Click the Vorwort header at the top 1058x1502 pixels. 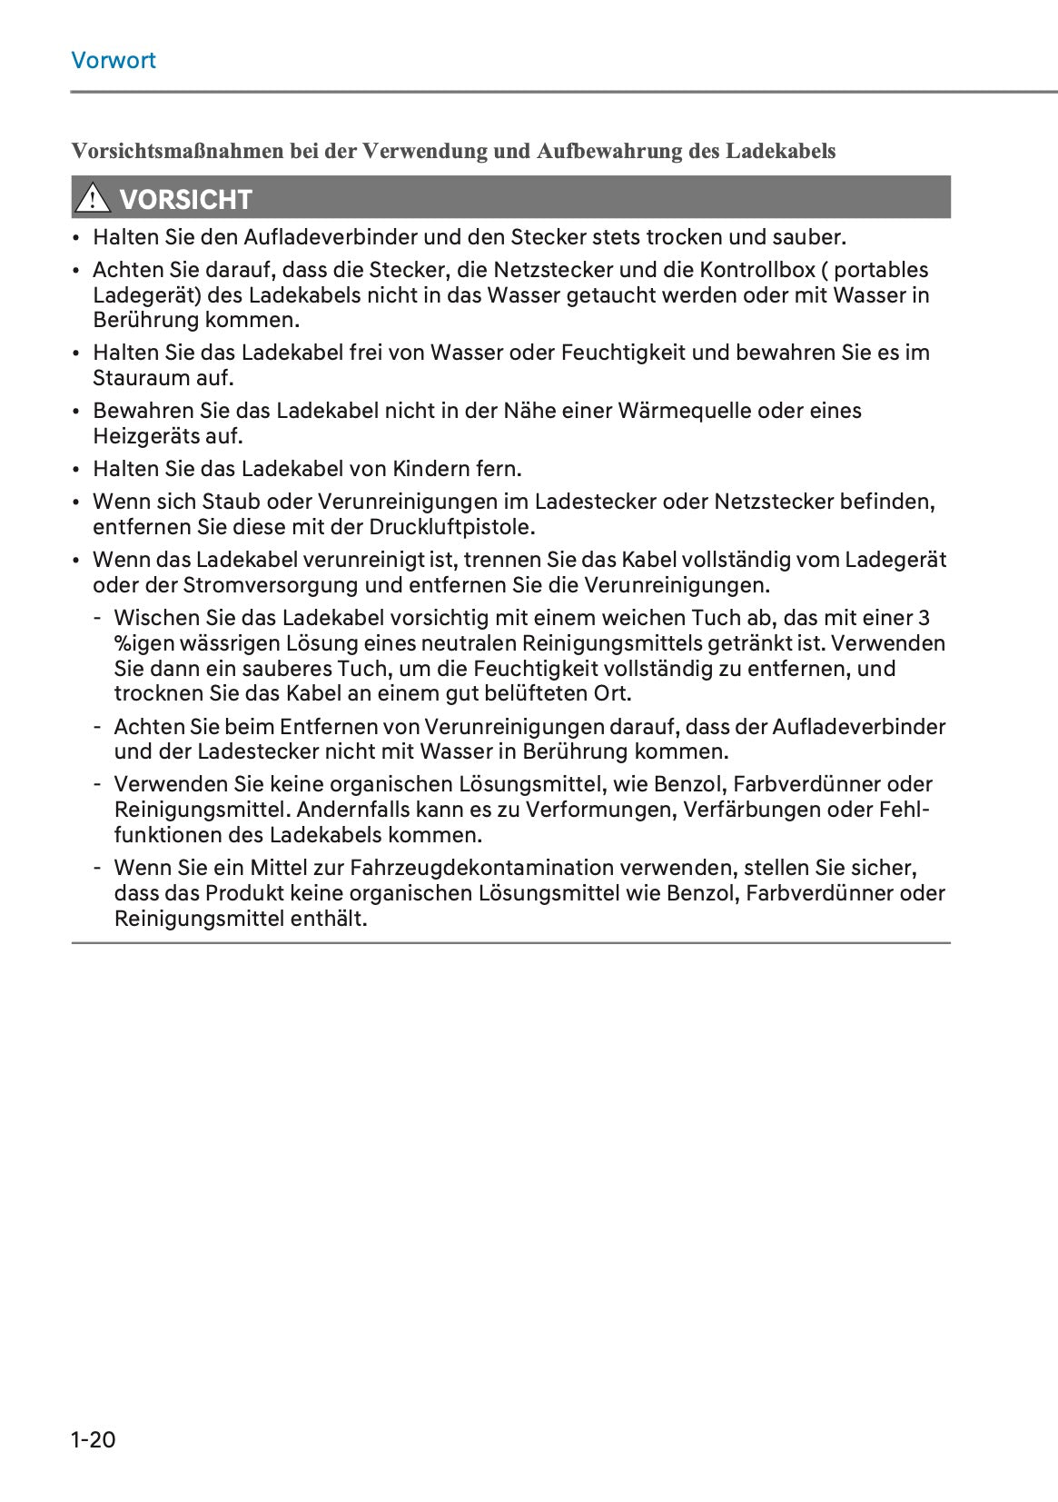click(x=114, y=61)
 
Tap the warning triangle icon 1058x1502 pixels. click(x=93, y=197)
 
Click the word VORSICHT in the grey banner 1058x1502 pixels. click(x=185, y=199)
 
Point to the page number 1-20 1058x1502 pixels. click(x=94, y=1439)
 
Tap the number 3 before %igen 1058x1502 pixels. click(x=924, y=618)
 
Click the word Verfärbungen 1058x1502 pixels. click(x=756, y=810)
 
